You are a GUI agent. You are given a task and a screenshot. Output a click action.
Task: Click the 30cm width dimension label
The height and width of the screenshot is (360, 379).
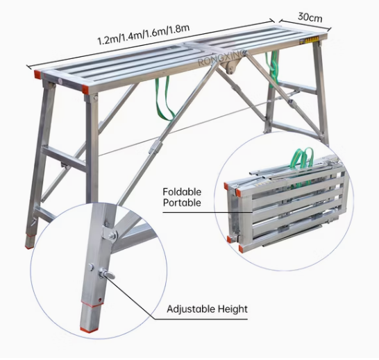tap(310, 17)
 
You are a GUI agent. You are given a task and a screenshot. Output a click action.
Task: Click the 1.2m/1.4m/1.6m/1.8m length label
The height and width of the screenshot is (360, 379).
tap(143, 35)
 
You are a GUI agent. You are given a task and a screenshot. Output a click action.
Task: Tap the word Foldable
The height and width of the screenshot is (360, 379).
tap(182, 192)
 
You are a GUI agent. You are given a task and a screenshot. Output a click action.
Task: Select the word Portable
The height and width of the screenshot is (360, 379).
tap(182, 203)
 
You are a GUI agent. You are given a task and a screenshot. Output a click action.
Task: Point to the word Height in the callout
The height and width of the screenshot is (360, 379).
tap(233, 309)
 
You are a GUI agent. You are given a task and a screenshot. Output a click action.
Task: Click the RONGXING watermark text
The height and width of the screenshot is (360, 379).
tap(221, 58)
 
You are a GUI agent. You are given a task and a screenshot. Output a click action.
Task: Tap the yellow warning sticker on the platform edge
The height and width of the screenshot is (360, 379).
tap(309, 40)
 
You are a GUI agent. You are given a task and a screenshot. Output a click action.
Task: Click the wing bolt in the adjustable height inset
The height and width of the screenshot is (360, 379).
tap(106, 275)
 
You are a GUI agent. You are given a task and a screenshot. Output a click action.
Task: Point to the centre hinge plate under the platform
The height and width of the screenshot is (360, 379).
tap(232, 66)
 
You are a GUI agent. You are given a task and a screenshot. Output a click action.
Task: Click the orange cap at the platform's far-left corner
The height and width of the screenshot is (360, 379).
tap(38, 74)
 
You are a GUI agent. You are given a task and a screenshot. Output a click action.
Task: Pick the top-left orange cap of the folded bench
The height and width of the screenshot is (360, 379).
tap(226, 187)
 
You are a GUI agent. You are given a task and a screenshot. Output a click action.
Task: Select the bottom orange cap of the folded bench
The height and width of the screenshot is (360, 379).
tap(242, 248)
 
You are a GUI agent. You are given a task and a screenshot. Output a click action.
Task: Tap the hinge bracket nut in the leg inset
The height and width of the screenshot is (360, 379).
tap(112, 235)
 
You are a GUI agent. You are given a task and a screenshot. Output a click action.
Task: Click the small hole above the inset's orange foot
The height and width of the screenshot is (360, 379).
tap(99, 300)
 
